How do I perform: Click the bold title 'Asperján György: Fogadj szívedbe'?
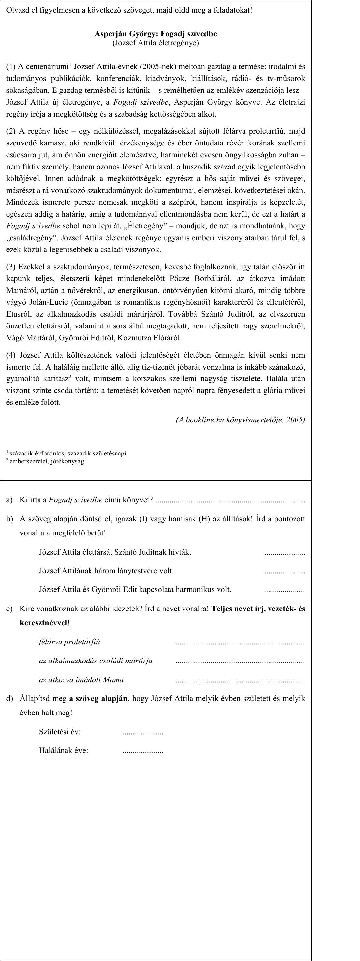pos(156,34)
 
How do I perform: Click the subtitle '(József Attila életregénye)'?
pos(156,43)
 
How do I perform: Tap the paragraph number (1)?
pos(11,67)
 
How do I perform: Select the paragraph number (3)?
pos(11,267)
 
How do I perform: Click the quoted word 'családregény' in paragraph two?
pos(32,238)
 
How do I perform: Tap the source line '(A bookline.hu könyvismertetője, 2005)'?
pos(240,420)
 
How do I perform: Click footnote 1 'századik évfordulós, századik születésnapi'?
pos(67,453)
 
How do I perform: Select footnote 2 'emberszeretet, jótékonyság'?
pos(47,461)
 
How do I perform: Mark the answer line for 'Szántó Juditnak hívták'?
pos(284,553)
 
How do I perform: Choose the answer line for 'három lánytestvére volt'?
pos(284,572)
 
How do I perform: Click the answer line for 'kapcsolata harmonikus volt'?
pos(284,590)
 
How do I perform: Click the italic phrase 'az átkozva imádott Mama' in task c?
pos(81,679)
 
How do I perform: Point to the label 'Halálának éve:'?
pos(64,751)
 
